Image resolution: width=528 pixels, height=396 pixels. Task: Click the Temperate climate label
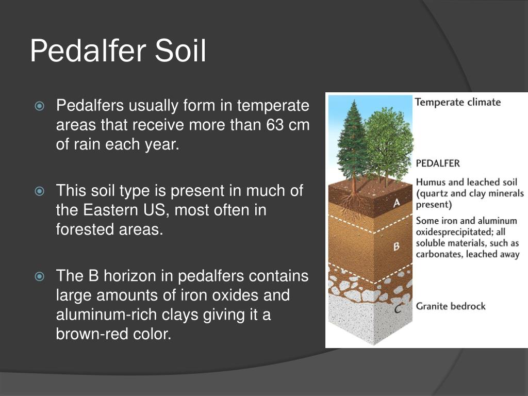(x=457, y=102)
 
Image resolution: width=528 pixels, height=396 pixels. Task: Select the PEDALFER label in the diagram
(x=438, y=163)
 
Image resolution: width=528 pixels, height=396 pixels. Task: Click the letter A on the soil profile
(x=397, y=203)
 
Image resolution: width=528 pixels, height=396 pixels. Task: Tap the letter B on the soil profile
(x=397, y=247)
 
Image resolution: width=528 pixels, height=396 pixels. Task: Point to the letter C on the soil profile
(x=397, y=309)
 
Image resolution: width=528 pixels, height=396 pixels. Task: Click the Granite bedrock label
(x=451, y=306)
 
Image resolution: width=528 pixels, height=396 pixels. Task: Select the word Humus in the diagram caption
(x=430, y=182)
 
